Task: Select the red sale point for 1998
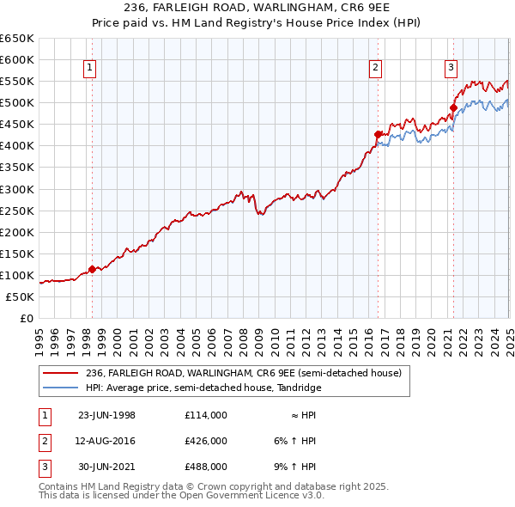tap(93, 269)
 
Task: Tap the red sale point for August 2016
tap(377, 134)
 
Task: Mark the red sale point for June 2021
tap(453, 108)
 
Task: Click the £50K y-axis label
tap(20, 296)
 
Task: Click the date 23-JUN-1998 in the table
tap(107, 415)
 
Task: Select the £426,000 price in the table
tap(206, 441)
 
